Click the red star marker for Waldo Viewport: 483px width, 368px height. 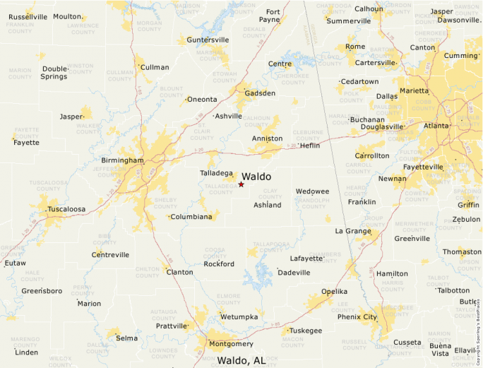241,184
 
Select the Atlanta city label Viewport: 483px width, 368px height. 436,126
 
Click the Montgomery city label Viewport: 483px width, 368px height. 231,344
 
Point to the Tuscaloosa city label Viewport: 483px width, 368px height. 66,210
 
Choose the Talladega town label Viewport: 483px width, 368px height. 216,173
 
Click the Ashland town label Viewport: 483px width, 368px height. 267,206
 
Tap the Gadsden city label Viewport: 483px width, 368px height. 260,93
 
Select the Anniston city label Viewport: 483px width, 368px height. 267,138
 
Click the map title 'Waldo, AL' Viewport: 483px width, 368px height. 241,360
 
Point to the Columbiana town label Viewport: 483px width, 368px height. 191,217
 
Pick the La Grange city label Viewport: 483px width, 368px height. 353,231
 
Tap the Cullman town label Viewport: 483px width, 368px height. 155,68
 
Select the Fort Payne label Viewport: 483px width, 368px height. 272,16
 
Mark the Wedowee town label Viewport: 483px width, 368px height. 312,191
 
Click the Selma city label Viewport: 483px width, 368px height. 126,338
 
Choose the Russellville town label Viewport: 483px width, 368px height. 28,16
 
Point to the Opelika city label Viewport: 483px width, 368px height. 334,292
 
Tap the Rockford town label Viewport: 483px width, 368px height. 219,264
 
